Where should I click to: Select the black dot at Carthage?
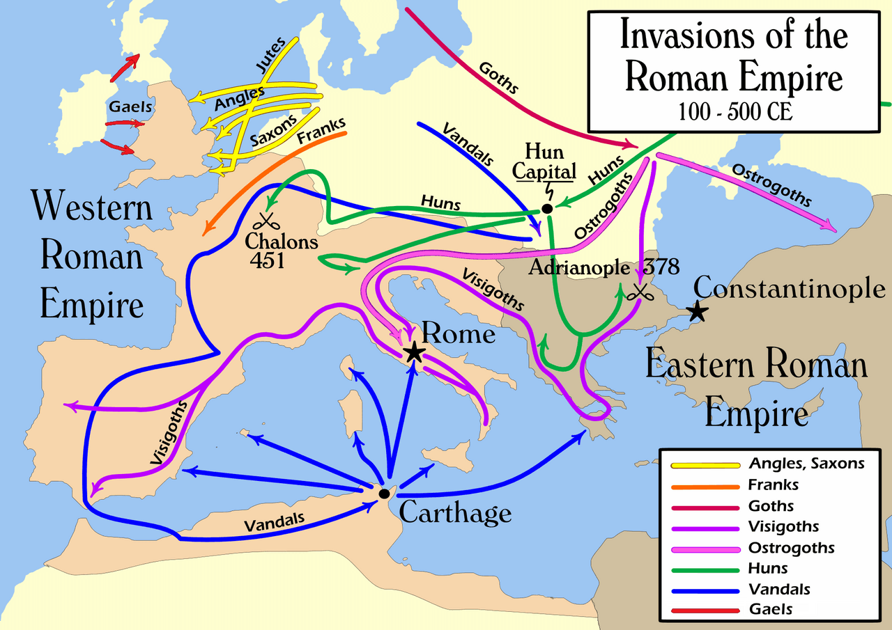point(384,494)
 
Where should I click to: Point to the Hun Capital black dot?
point(547,209)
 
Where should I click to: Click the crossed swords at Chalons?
point(265,221)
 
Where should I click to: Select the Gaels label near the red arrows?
point(130,107)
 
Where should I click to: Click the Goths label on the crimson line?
point(498,78)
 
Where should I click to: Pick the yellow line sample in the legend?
point(704,464)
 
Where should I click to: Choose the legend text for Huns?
point(768,568)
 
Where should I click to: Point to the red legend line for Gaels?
point(704,610)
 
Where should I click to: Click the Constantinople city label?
point(790,288)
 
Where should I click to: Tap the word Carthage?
point(455,514)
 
